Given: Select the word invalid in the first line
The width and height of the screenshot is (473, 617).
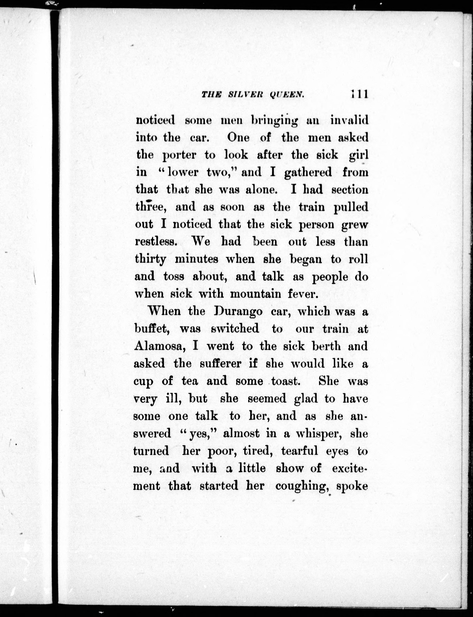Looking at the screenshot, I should (x=349, y=120).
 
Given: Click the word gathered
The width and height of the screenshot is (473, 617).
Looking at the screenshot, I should (x=308, y=172).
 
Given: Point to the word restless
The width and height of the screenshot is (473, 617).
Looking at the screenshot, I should (x=156, y=242).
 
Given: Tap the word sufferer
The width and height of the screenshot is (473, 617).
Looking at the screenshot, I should (x=224, y=364).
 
